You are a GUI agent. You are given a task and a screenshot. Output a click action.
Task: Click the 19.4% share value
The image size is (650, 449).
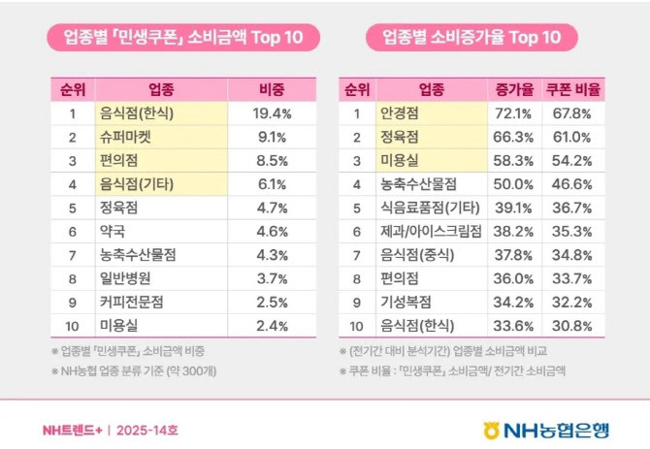click(x=271, y=113)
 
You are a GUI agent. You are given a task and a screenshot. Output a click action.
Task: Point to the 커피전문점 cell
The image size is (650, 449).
click(x=131, y=302)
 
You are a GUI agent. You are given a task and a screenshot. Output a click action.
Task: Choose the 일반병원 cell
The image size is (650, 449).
click(x=125, y=278)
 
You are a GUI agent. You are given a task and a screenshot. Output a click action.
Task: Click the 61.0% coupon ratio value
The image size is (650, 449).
click(x=576, y=137)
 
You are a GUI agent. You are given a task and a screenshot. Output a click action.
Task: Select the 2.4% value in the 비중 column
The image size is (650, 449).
click(x=271, y=325)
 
